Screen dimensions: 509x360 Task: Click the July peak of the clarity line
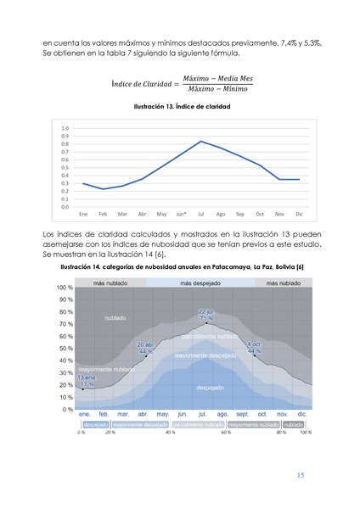pos(200,141)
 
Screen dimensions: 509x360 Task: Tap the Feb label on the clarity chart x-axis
pos(103,214)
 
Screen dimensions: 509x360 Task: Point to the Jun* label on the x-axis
pos(181,214)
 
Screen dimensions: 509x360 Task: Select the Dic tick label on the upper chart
pos(299,214)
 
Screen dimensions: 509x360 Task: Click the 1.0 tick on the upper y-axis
pos(65,128)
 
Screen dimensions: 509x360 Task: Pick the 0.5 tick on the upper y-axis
pos(65,167)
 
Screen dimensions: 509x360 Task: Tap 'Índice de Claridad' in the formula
pos(144,83)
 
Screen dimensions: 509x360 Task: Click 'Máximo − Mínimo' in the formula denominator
pos(217,88)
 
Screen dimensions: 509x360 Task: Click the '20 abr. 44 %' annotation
pos(146,348)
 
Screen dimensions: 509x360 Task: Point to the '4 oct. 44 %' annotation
pos(255,348)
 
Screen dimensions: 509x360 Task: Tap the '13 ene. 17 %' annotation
pos(87,380)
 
